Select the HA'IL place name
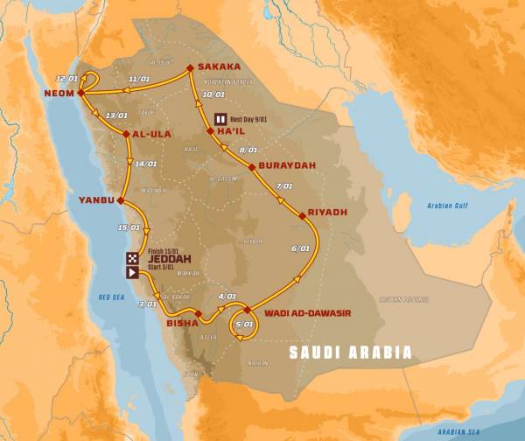point(233,132)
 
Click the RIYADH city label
point(329,212)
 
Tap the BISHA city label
point(181,323)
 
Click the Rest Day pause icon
point(220,119)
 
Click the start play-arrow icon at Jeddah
point(132,272)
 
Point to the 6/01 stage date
point(300,249)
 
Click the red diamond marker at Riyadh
point(301,211)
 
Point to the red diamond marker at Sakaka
point(190,66)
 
